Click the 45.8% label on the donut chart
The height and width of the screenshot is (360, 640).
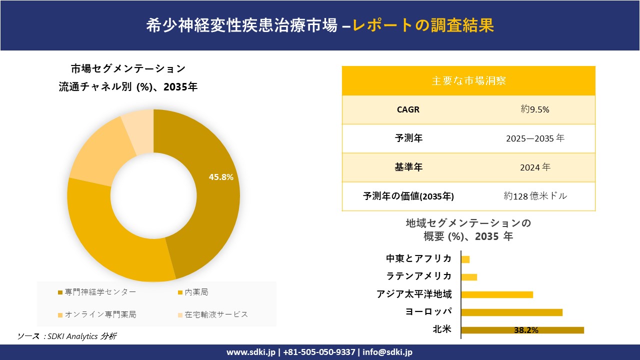click(x=221, y=177)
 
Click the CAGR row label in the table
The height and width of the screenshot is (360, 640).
click(x=408, y=109)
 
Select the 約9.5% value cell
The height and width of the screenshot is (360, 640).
click(x=535, y=109)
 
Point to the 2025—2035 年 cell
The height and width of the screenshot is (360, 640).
click(x=535, y=138)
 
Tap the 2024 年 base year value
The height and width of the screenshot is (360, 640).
click(x=535, y=167)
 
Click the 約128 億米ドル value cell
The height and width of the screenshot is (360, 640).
click(x=535, y=196)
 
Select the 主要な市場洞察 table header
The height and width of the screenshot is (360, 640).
click(x=468, y=80)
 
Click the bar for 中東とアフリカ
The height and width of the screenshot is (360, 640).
click(x=465, y=259)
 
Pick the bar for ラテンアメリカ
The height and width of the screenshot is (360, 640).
click(x=469, y=276)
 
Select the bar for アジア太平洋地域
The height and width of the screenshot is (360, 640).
click(x=497, y=294)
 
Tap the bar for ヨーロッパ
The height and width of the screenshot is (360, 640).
click(x=512, y=312)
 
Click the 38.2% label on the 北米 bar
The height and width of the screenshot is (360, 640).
click(x=526, y=330)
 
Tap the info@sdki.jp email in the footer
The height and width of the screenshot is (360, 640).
click(x=387, y=352)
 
